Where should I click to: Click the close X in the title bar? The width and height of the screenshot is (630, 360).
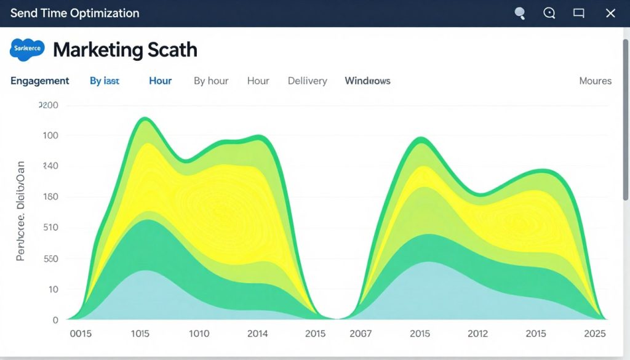(610, 13)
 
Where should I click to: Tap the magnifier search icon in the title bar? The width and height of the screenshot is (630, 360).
(520, 13)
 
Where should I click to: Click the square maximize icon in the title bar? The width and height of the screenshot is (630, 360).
(578, 13)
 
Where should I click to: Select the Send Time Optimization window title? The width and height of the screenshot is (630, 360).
(74, 13)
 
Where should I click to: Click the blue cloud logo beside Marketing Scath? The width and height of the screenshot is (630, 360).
(27, 49)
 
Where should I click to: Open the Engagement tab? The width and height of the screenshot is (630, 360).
(40, 81)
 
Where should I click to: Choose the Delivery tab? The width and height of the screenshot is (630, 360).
(307, 81)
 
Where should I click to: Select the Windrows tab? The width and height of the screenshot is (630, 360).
(367, 81)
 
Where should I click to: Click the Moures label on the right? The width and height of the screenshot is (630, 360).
(595, 81)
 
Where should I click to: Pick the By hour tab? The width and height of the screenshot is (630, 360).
(211, 81)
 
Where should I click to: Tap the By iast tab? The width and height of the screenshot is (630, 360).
(105, 81)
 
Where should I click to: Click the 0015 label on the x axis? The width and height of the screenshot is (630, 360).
(81, 334)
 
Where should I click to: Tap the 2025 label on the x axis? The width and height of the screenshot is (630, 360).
(595, 334)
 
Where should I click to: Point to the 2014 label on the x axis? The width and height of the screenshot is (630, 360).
(257, 334)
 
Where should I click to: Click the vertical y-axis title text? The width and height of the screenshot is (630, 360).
(20, 210)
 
